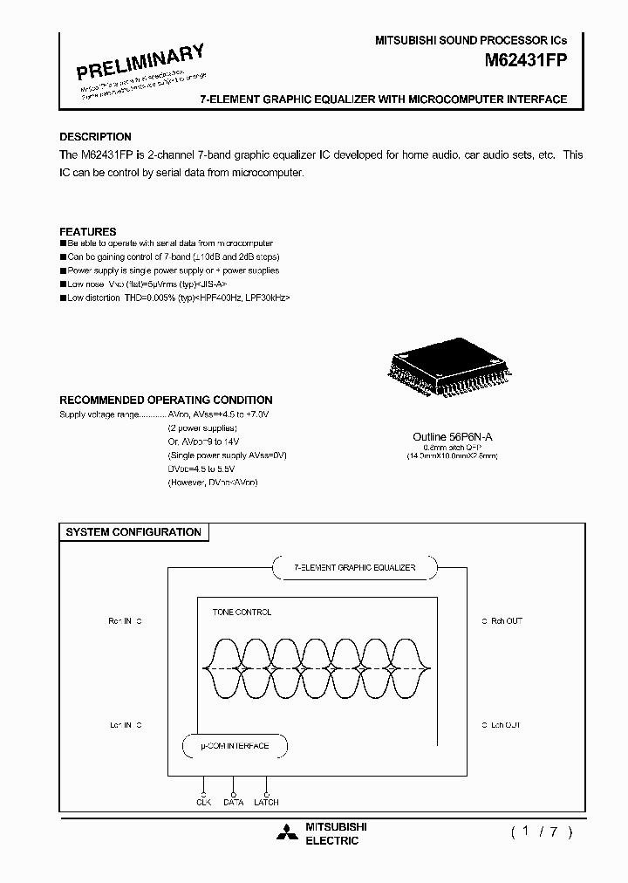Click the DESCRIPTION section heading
(x=95, y=137)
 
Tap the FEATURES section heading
(x=87, y=232)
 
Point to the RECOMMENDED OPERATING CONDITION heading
(x=166, y=400)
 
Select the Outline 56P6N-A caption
(x=447, y=436)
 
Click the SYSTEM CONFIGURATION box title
(x=133, y=532)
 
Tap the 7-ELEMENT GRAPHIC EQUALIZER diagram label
(x=353, y=568)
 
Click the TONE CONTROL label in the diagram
(x=242, y=613)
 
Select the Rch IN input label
(x=119, y=621)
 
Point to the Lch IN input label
(x=119, y=725)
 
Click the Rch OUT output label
(x=506, y=621)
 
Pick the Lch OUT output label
(x=506, y=725)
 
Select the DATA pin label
(x=233, y=802)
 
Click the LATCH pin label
(x=267, y=802)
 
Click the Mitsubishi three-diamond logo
(x=287, y=833)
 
